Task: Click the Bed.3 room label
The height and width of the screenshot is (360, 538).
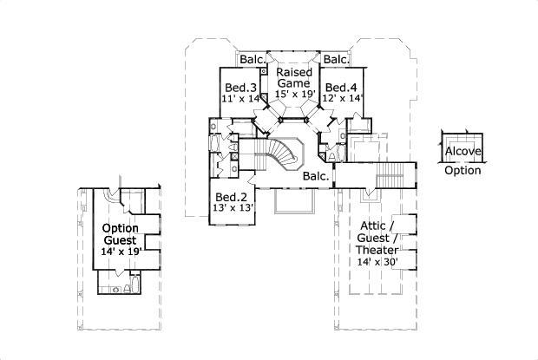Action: pos(240,88)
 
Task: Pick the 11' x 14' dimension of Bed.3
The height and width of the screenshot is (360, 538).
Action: pos(240,100)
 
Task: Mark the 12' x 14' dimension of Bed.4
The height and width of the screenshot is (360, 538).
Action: pos(342,100)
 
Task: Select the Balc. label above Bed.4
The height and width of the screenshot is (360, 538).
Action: pos(335,60)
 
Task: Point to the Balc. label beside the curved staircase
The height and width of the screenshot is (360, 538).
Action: pos(316,176)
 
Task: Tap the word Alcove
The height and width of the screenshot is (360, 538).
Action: pos(463,152)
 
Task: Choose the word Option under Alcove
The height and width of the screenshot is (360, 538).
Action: pos(463,170)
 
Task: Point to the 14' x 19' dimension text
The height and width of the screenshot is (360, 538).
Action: pos(121,252)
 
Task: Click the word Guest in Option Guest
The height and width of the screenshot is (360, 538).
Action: pos(121,239)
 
